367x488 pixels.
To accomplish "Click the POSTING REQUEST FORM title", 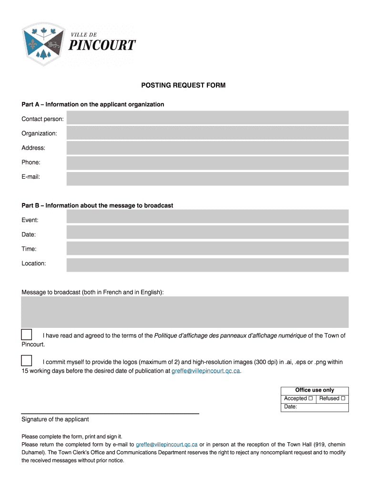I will pos(183,85).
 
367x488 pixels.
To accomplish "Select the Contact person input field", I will pos(207,118).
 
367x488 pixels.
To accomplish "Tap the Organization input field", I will pos(207,133).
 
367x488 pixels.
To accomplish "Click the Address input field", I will pos(207,148).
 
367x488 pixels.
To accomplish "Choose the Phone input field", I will pos(207,163).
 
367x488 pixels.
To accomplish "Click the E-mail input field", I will pos(207,179).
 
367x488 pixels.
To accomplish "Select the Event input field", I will pos(207,216).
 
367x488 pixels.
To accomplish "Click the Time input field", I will pos(207,248).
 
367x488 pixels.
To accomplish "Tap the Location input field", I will pos(207,265).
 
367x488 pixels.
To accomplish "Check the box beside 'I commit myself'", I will pos(27,361).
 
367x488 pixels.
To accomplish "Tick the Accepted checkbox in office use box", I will pos(311,398).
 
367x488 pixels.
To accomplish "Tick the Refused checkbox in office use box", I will pos(343,398).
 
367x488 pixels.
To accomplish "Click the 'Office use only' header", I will pos(315,390).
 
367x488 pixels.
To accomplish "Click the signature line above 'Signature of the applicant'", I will pos(110,413).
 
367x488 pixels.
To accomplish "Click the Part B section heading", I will pos(97,205).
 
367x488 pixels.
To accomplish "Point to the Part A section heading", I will pos(93,104).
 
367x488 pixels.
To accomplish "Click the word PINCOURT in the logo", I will pos(103,46).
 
